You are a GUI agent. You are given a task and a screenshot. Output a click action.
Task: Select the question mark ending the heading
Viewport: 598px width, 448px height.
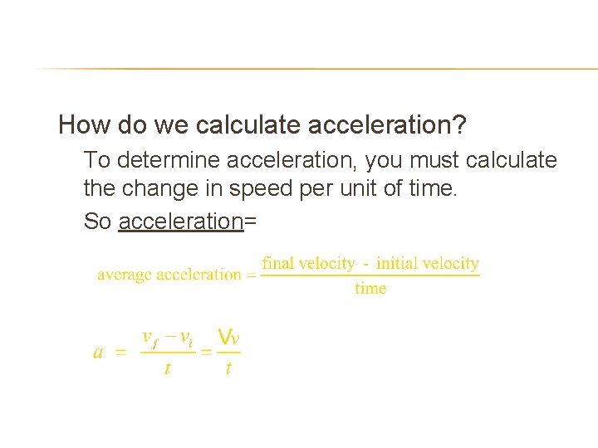click(459, 125)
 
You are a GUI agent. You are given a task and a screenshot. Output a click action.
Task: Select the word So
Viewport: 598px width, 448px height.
click(97, 222)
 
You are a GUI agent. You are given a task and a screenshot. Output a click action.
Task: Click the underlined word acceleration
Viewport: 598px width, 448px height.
click(181, 222)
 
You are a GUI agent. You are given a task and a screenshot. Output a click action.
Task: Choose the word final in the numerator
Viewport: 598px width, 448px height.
click(278, 264)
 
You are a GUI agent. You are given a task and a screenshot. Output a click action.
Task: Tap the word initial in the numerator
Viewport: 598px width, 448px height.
click(396, 264)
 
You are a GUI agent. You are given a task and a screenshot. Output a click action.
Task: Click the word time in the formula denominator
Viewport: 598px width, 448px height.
click(370, 289)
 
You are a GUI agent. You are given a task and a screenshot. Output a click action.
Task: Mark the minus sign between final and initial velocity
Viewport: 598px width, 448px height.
click(365, 264)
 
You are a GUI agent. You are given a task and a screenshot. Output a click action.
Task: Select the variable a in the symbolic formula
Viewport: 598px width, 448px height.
click(98, 353)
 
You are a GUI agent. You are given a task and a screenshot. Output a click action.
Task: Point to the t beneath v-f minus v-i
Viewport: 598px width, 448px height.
click(168, 368)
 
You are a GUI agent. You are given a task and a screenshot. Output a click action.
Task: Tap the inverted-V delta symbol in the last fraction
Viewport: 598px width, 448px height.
click(223, 336)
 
